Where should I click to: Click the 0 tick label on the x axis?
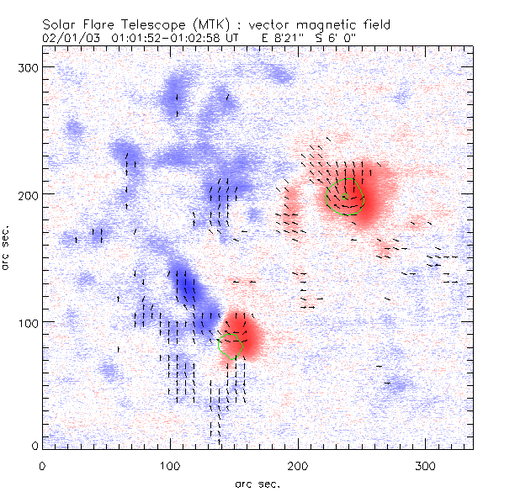click(x=42, y=465)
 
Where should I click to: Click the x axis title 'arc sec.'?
click(x=258, y=483)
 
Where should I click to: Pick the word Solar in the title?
click(x=66, y=24)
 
